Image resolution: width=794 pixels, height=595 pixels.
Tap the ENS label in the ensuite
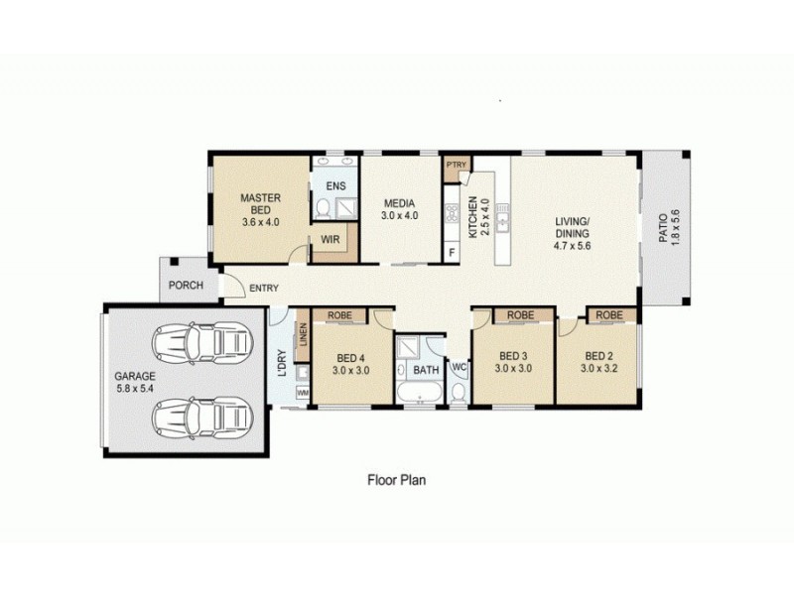coord(334,184)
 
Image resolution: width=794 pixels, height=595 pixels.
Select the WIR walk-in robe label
coord(327,239)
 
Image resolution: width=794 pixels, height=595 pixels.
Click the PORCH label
coord(186,286)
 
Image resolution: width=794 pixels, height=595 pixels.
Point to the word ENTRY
coord(264,289)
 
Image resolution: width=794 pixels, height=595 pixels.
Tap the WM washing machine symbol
coord(303,395)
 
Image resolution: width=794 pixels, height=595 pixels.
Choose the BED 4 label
coord(352,364)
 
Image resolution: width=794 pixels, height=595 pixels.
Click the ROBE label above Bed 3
coord(521,315)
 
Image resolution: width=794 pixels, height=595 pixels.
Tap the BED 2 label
coord(598,363)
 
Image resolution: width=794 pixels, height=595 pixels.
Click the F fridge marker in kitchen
coord(453,253)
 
